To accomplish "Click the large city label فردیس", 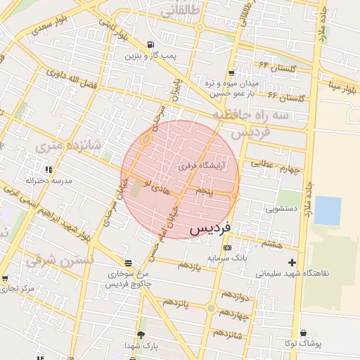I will pyautogui.click(x=214, y=229).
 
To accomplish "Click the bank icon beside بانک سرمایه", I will pyautogui.click(x=226, y=247).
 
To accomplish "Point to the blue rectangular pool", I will pyautogui.click(x=328, y=210).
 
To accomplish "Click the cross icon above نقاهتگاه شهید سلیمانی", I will pyautogui.click(x=292, y=262).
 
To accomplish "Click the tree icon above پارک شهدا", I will pyautogui.click(x=141, y=335).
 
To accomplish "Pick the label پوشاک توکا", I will pyautogui.click(x=303, y=344).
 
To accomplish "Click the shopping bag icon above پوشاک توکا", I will pyautogui.click(x=303, y=333).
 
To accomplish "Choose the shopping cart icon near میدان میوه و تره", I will pyautogui.click(x=231, y=73).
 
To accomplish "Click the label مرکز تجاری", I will pyautogui.click(x=18, y=289).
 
